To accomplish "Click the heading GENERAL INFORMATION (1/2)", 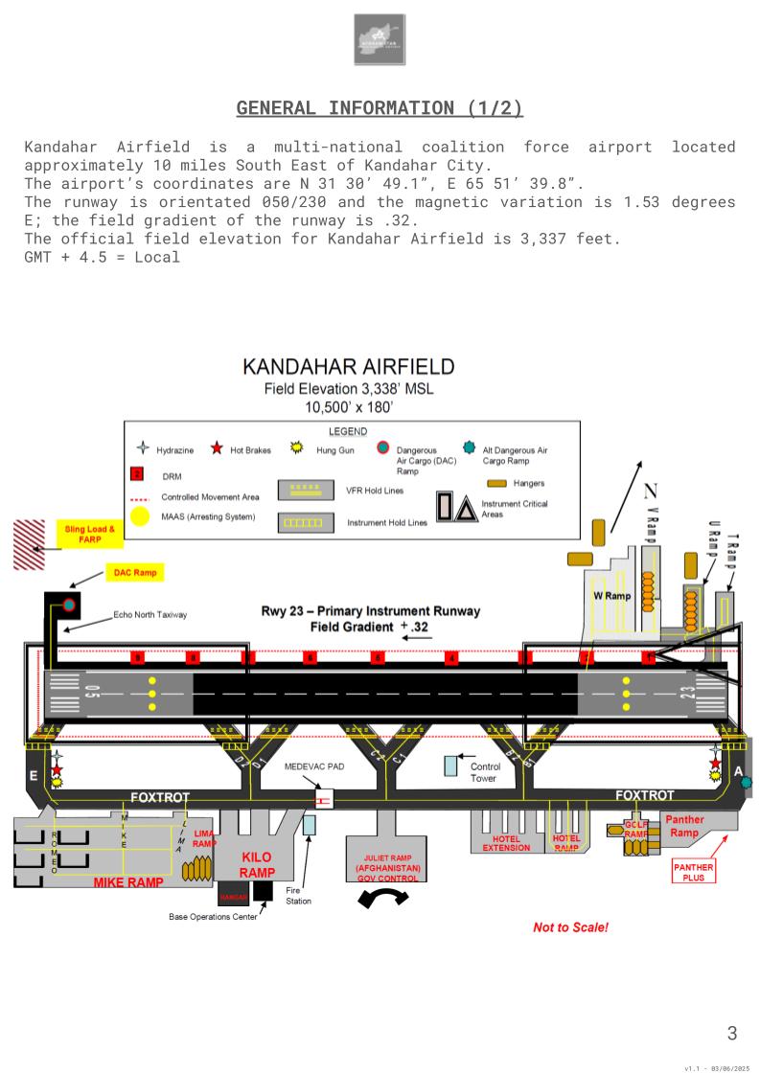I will [380, 108].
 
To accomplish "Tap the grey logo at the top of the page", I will [380, 39].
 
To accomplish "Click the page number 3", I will [732, 1033].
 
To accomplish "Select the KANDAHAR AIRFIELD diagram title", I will [348, 368].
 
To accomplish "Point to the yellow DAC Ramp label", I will [134, 572].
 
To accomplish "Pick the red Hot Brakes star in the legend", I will [218, 448].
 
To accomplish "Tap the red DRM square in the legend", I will [138, 474].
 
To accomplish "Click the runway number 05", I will [93, 693].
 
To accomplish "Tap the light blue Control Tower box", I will [450, 766].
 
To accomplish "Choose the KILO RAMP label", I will [256, 864].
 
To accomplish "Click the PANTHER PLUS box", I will [693, 871].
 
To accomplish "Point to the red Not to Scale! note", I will [570, 927].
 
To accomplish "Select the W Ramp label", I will [610, 595].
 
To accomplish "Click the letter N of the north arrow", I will [651, 491].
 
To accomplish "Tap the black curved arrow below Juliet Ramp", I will [381, 899].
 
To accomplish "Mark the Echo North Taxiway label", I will [150, 614].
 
